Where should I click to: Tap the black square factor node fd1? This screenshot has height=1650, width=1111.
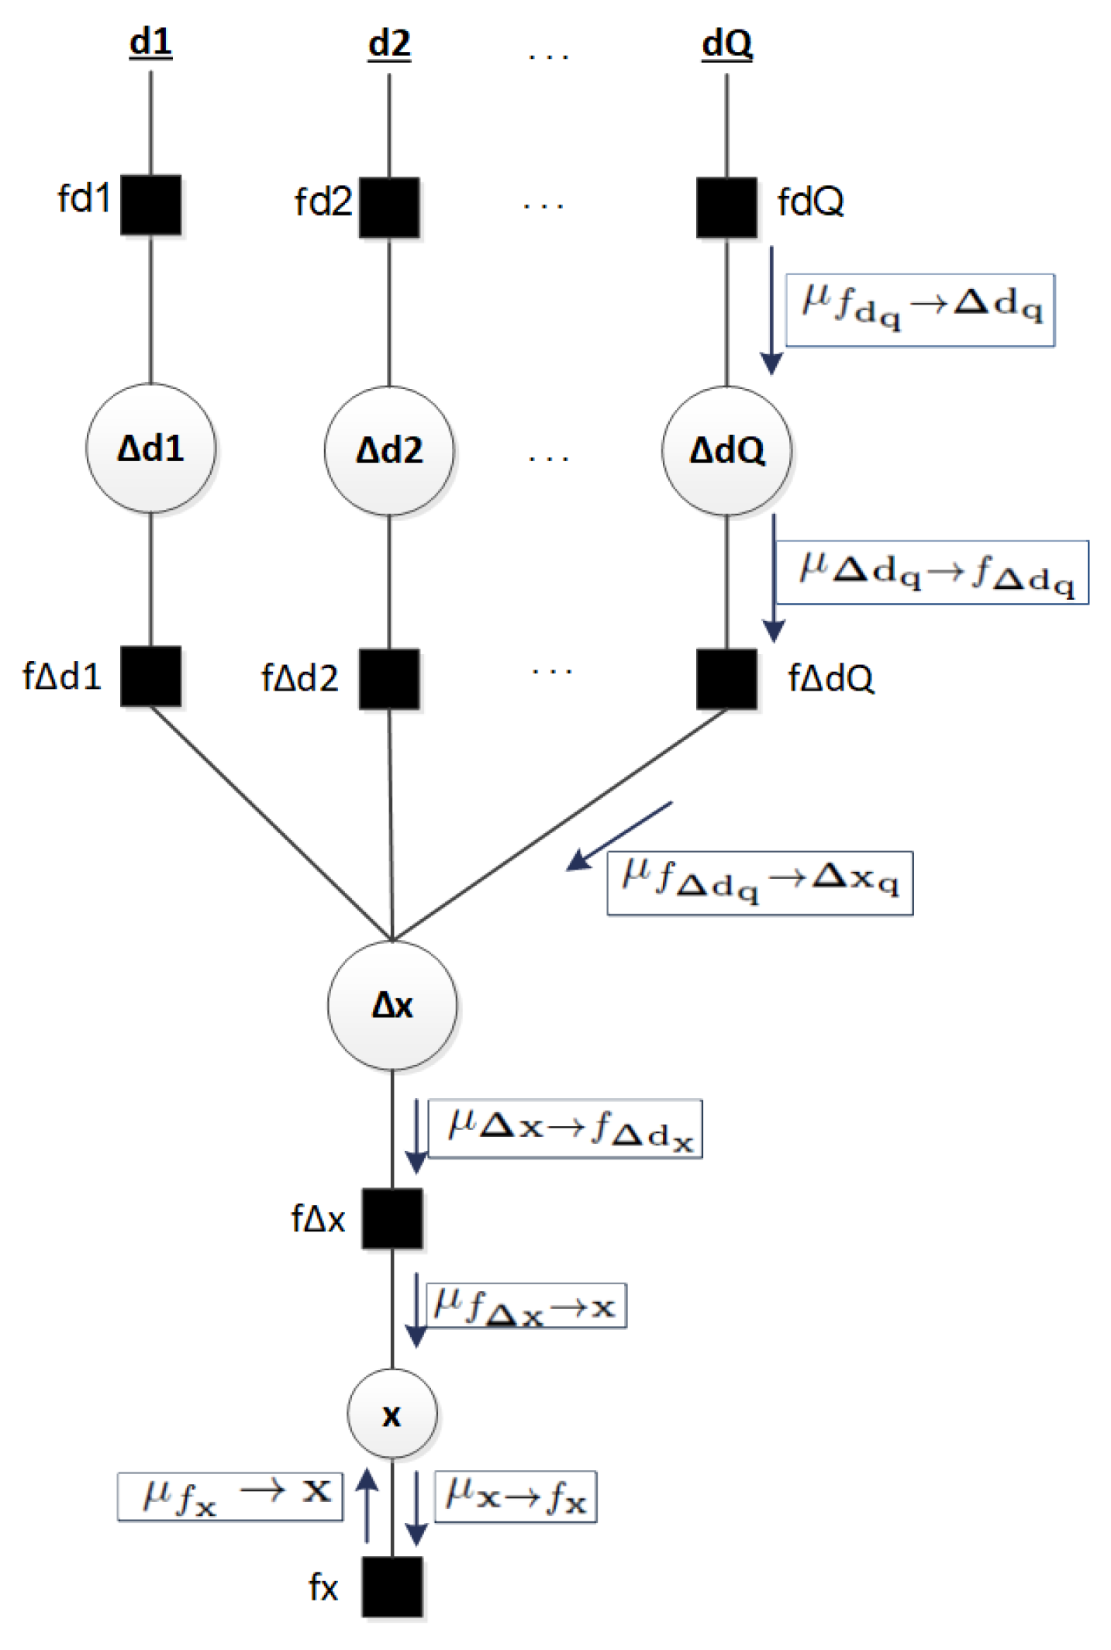(x=150, y=205)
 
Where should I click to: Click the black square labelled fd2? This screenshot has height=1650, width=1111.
(x=388, y=207)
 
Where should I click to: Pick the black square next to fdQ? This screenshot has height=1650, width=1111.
(x=726, y=207)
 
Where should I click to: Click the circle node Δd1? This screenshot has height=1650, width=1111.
(x=150, y=447)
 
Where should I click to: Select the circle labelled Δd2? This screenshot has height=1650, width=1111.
(x=388, y=450)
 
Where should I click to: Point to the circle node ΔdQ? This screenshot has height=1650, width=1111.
(x=726, y=450)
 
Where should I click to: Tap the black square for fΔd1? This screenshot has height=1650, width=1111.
(x=150, y=676)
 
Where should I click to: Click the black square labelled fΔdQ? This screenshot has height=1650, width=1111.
(x=726, y=678)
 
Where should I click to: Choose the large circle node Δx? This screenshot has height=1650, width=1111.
(x=392, y=1005)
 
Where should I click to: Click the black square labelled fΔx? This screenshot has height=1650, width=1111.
(x=392, y=1218)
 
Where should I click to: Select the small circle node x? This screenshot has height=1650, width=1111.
(x=392, y=1414)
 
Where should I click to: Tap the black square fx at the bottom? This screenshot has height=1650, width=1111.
(x=392, y=1586)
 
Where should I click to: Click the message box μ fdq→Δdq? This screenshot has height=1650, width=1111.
(x=920, y=309)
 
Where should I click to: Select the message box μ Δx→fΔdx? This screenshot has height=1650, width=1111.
(x=565, y=1128)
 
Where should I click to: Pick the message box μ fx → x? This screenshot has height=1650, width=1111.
(x=230, y=1496)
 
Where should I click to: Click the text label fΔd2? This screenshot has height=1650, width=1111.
(x=299, y=677)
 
